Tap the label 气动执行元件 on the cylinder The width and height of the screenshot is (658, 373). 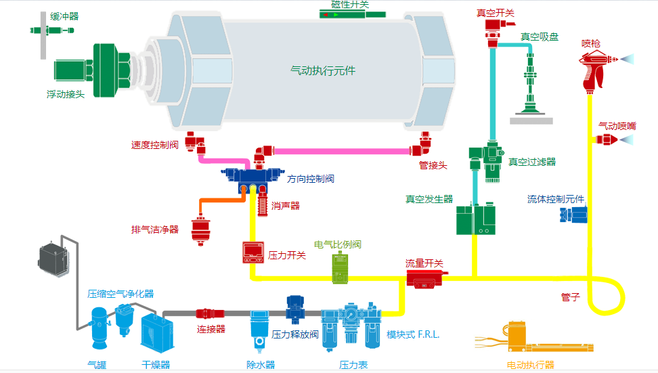[323, 70]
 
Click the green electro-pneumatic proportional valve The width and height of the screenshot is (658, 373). [339, 267]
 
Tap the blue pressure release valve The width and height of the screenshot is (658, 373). [296, 307]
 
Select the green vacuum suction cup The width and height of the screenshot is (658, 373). [530, 88]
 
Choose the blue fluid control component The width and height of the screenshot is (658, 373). [573, 215]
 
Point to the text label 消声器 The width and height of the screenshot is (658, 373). [286, 205]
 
